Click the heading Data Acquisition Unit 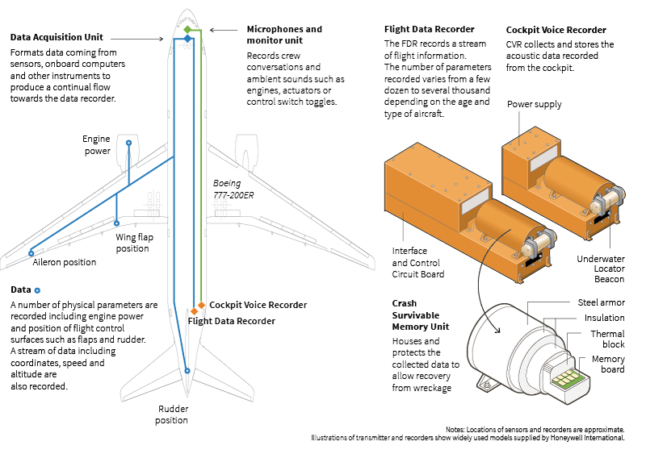57,37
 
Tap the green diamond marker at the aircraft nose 187,29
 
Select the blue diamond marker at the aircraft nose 187,39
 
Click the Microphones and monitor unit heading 284,35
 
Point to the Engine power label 96,145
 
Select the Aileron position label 64,262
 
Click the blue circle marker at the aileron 31,253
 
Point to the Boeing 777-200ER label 233,188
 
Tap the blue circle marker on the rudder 187,371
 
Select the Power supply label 534,104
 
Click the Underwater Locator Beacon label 601,269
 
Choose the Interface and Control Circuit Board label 417,262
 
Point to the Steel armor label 601,302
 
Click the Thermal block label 607,339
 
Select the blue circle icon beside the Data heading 37,289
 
